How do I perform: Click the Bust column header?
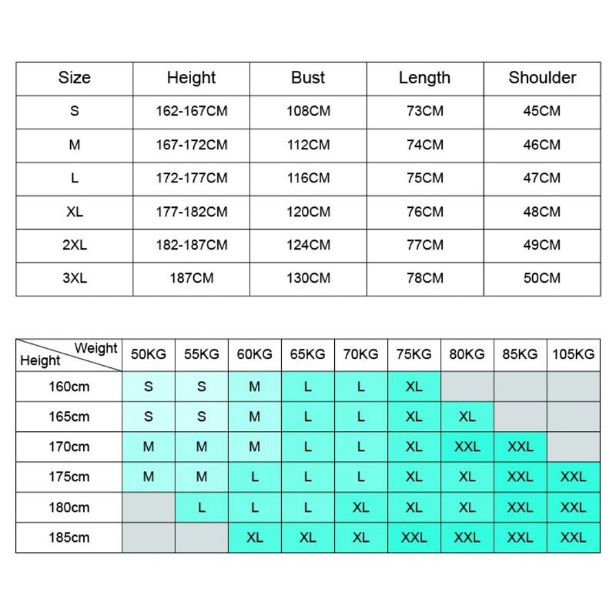[308, 78]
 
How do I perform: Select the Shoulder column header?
[542, 78]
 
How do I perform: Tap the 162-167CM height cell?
[192, 111]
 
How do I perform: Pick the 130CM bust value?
[308, 278]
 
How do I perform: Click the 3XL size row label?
[75, 278]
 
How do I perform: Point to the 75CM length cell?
[425, 178]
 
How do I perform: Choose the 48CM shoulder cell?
[542, 212]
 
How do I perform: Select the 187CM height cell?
[192, 278]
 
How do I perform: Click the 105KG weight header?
[574, 354]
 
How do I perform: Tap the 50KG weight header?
[149, 354]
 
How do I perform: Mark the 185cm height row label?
[68, 537]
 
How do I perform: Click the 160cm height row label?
[68, 386]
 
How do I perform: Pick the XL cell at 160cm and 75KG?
[414, 386]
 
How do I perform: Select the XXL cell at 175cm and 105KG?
[574, 477]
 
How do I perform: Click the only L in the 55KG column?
[202, 507]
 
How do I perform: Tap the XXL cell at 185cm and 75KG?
[414, 537]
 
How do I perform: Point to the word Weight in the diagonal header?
[95, 348]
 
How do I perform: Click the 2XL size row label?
[75, 245]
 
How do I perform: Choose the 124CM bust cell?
[308, 245]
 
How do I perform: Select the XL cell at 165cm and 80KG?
[467, 417]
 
